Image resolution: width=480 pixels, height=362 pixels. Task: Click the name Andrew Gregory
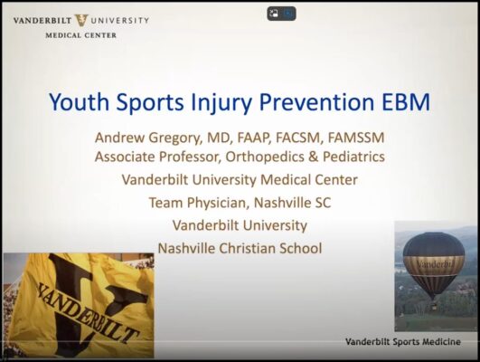(x=147, y=138)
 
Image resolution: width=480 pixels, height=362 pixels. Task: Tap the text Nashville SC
(x=291, y=202)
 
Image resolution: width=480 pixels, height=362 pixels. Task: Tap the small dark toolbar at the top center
(x=280, y=14)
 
